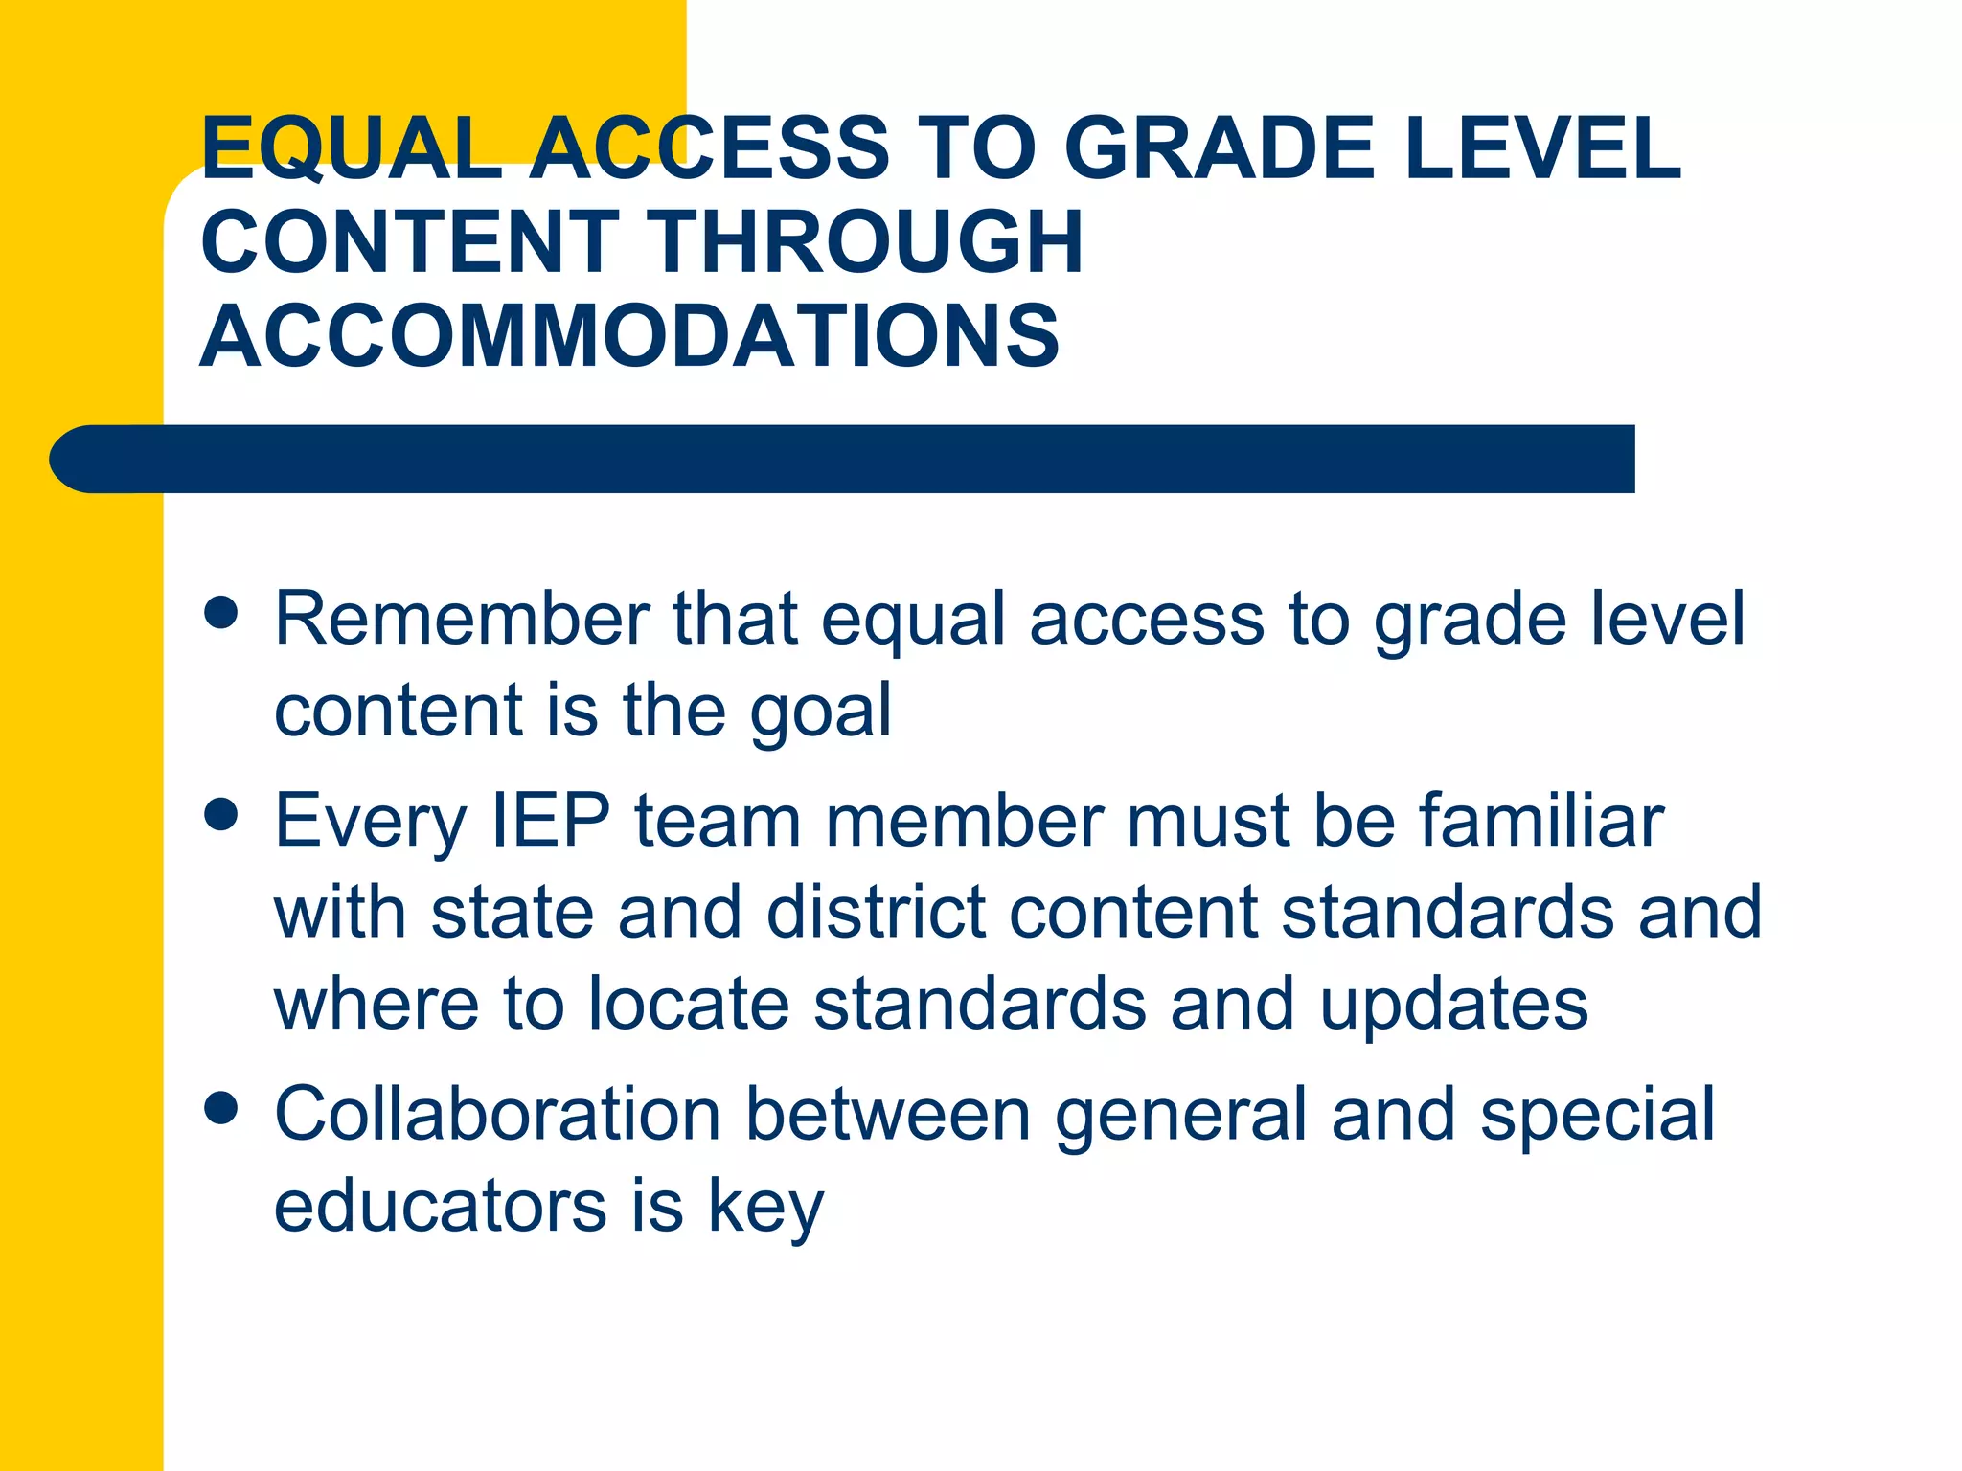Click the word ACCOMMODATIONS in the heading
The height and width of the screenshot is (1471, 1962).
coord(629,335)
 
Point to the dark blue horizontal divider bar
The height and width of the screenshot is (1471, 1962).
coord(843,459)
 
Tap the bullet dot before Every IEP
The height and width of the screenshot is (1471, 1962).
coord(221,815)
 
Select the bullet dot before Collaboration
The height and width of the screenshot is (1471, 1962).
coord(221,1109)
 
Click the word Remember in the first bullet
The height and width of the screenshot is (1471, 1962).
coord(461,620)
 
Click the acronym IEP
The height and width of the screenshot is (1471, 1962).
coord(550,821)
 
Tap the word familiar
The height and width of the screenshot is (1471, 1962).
coord(1541,821)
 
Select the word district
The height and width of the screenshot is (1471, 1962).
coord(876,912)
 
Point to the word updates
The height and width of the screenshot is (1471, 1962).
coord(1453,1004)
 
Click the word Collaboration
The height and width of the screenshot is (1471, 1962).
coord(497,1115)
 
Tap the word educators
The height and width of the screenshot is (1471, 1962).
coord(440,1206)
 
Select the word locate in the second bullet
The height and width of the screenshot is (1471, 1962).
coord(688,1004)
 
